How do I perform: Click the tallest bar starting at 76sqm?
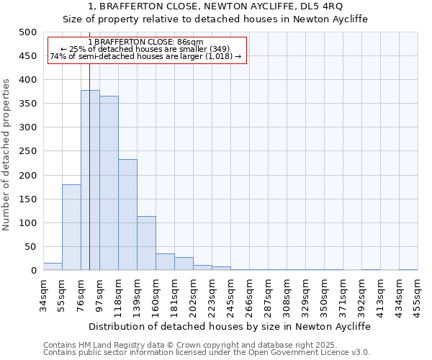90,180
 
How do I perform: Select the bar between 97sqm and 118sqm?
109,183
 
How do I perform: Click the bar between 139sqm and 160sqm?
146,243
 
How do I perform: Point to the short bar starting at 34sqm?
53,266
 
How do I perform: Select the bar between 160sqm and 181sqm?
165,262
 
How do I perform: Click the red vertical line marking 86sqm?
89,144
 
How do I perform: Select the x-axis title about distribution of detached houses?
230,326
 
